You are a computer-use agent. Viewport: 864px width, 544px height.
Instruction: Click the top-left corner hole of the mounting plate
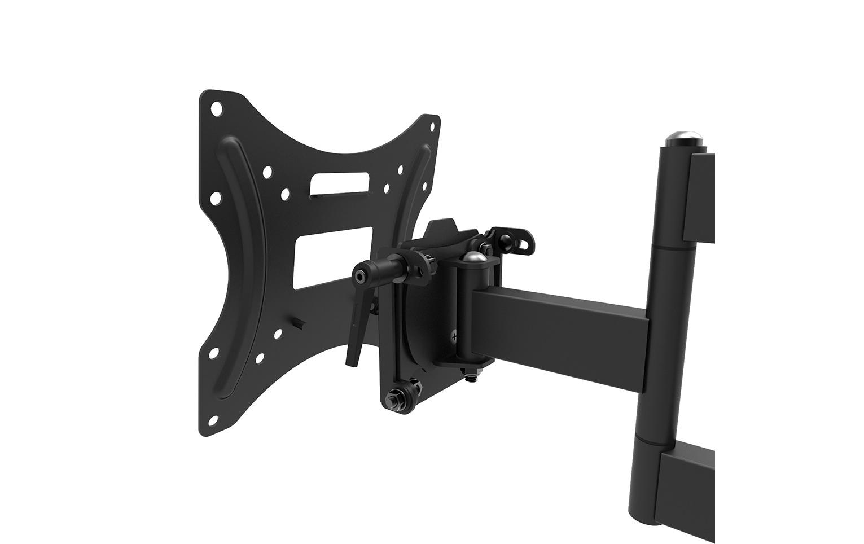(x=216, y=108)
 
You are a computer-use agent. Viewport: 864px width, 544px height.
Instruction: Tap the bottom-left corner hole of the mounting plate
(x=214, y=419)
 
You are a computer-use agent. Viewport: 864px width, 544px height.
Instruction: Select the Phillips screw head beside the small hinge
(x=455, y=339)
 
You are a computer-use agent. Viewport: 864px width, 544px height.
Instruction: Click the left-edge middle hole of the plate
(x=215, y=198)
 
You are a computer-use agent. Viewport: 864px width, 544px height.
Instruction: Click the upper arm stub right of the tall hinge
(x=700, y=198)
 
